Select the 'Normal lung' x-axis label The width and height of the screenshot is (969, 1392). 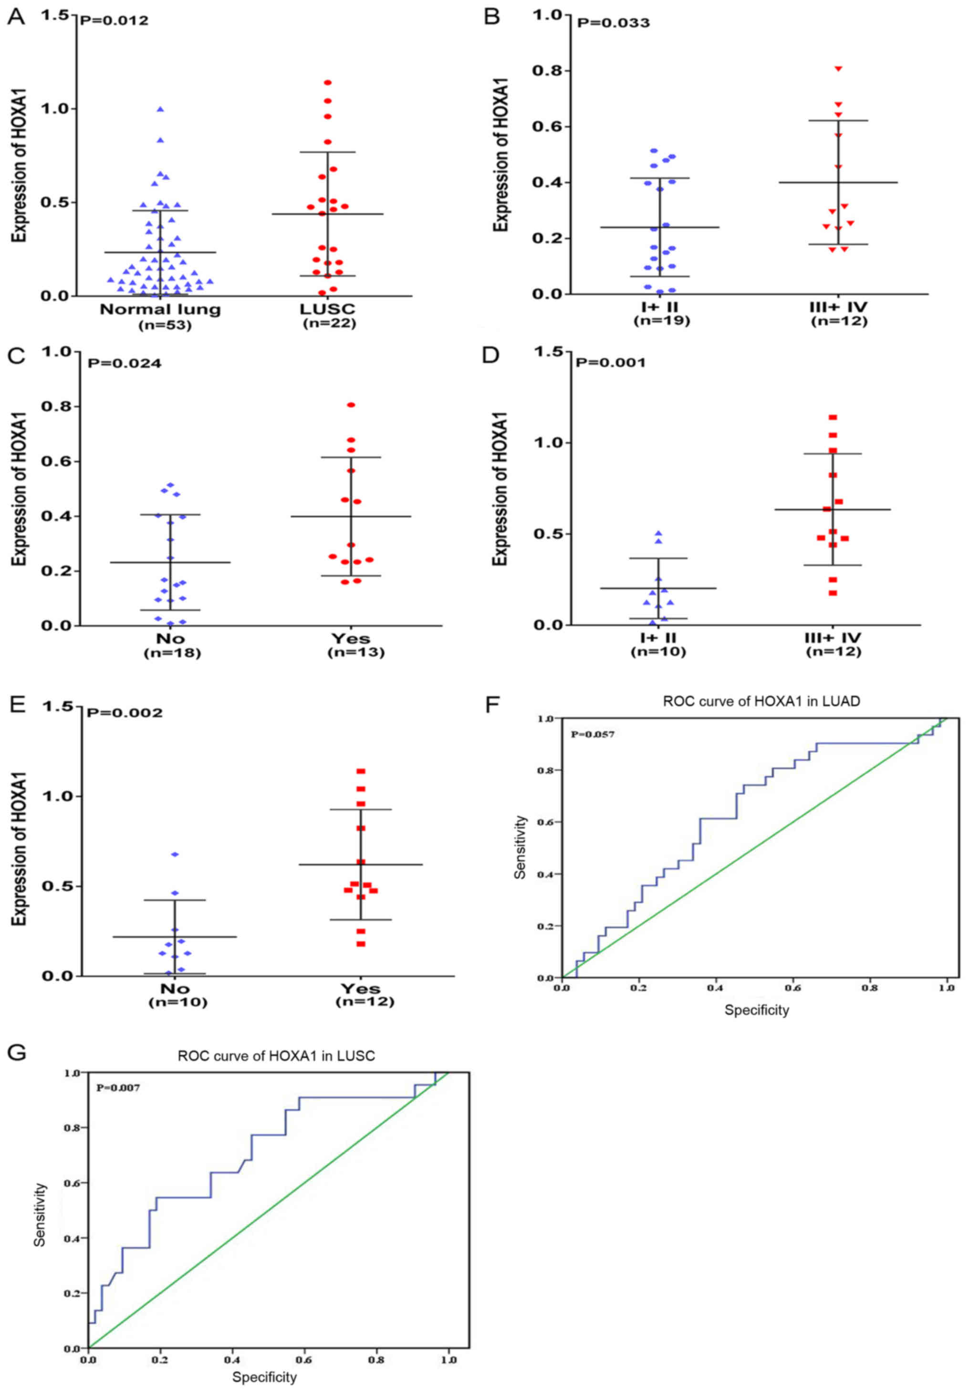click(160, 310)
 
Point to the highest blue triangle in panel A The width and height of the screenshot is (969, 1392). click(160, 109)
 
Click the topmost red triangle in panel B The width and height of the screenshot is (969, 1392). click(838, 69)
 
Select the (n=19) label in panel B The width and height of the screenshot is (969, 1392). click(661, 321)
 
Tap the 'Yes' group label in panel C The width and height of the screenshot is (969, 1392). click(351, 638)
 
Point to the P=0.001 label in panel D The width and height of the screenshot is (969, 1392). click(610, 363)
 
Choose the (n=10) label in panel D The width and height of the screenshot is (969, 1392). click(658, 652)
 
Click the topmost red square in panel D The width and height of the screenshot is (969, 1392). click(833, 418)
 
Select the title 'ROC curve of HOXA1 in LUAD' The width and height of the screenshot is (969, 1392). click(761, 701)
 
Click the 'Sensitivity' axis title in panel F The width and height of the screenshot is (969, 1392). click(520, 847)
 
